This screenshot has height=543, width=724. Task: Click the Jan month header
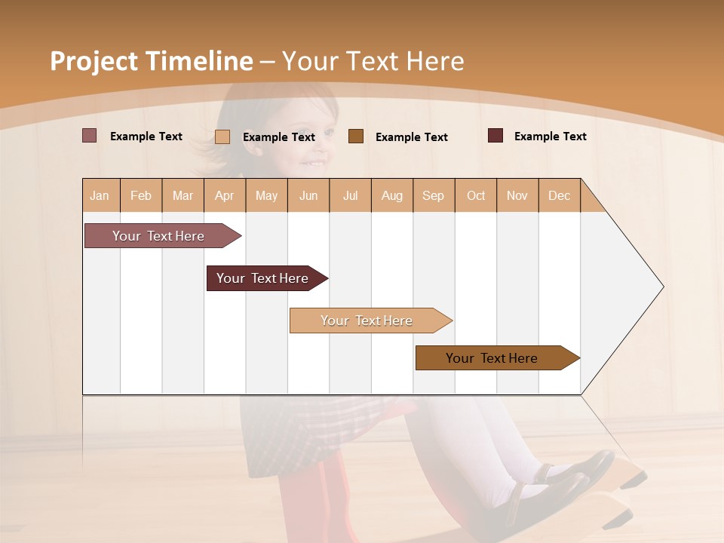(100, 195)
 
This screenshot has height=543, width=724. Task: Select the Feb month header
(141, 195)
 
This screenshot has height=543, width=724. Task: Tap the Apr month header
(225, 195)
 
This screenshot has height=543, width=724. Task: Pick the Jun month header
(308, 195)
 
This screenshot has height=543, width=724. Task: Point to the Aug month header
(392, 195)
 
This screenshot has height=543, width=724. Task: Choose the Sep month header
(434, 195)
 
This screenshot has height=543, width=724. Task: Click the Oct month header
(476, 195)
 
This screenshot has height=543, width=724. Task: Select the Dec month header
(560, 195)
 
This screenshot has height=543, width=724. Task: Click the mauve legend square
(90, 136)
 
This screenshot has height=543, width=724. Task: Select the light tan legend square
(222, 137)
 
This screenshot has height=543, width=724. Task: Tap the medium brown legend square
(356, 136)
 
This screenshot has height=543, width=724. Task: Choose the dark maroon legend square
(495, 136)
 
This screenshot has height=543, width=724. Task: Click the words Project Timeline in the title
(151, 61)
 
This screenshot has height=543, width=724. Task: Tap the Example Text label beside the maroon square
(550, 136)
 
